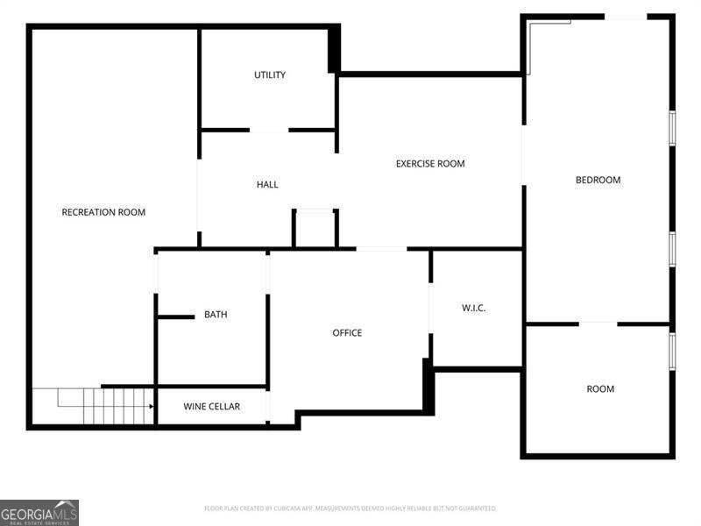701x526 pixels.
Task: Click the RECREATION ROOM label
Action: click(x=103, y=212)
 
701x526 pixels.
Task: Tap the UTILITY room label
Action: click(x=270, y=75)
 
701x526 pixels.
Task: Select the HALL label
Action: click(x=267, y=185)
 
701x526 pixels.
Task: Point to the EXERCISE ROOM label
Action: click(x=430, y=164)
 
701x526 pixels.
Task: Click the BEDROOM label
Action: click(x=598, y=181)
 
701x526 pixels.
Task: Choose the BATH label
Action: click(x=216, y=315)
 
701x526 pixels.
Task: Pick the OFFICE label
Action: click(x=347, y=333)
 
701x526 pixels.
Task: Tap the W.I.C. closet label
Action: click(x=474, y=309)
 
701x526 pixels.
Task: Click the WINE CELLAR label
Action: click(x=211, y=407)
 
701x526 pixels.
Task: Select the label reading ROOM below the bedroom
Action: click(x=600, y=389)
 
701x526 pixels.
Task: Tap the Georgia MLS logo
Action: click(x=39, y=512)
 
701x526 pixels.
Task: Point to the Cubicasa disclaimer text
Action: click(x=350, y=508)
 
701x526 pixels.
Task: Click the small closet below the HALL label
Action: click(x=315, y=230)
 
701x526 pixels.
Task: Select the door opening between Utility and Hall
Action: click(x=269, y=131)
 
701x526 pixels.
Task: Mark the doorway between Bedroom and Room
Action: click(x=598, y=323)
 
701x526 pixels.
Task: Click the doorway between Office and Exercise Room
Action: click(x=381, y=249)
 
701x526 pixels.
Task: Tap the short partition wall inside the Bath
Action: click(x=176, y=316)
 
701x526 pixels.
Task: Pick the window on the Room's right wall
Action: click(x=672, y=351)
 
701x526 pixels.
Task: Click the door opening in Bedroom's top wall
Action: click(x=626, y=17)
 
